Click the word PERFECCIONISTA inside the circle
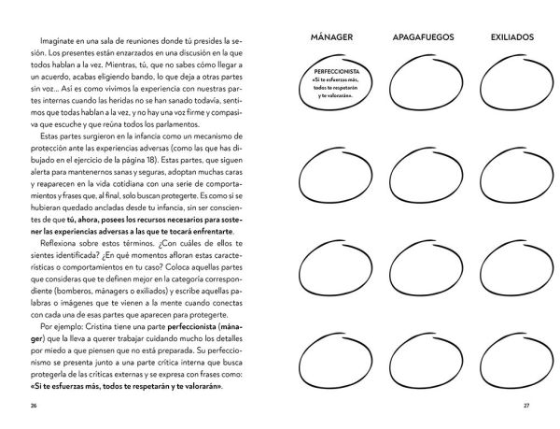click(x=328, y=74)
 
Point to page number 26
click(x=35, y=407)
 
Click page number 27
click(x=525, y=407)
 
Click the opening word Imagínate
click(x=59, y=41)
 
